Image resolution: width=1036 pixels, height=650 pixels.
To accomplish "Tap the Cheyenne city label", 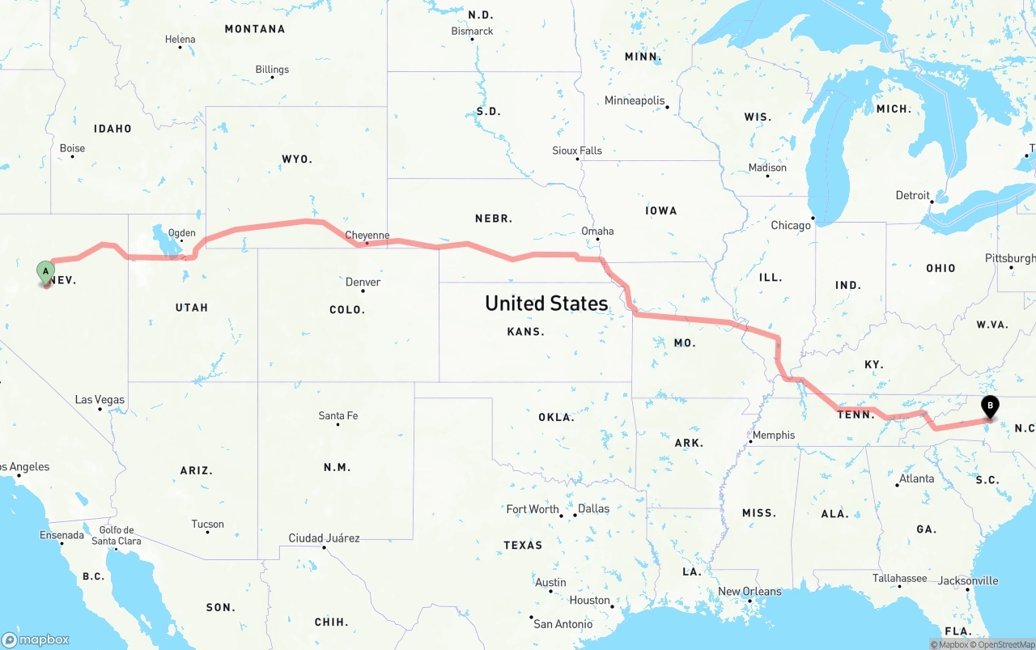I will point(367,236).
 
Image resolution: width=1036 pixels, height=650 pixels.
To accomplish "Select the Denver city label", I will point(363,282).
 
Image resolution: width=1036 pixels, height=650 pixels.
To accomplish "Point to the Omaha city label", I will point(597,231).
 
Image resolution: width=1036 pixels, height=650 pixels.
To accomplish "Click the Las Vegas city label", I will point(100,399).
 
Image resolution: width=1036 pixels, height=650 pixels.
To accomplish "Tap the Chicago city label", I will point(791,225).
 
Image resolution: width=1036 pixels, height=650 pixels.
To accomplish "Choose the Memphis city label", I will point(774,435).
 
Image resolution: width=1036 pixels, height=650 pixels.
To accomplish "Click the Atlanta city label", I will point(917,478).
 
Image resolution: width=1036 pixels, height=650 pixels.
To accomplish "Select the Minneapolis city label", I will point(635,100).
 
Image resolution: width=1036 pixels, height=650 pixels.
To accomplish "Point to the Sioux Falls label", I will point(577,151).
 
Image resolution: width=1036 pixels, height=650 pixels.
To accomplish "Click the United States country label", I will point(546,304).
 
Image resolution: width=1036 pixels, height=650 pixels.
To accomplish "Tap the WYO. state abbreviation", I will point(297,159).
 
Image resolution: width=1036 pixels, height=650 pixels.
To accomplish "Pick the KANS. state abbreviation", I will point(525,332).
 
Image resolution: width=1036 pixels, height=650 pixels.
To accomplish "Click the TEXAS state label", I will point(523,545).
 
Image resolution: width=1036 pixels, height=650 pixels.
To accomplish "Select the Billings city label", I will point(272,70).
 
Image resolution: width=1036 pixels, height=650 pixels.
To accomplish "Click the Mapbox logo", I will point(36,639).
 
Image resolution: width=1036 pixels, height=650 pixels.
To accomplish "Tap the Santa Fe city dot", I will point(338,424).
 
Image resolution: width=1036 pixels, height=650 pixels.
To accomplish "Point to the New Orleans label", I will point(749,591).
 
